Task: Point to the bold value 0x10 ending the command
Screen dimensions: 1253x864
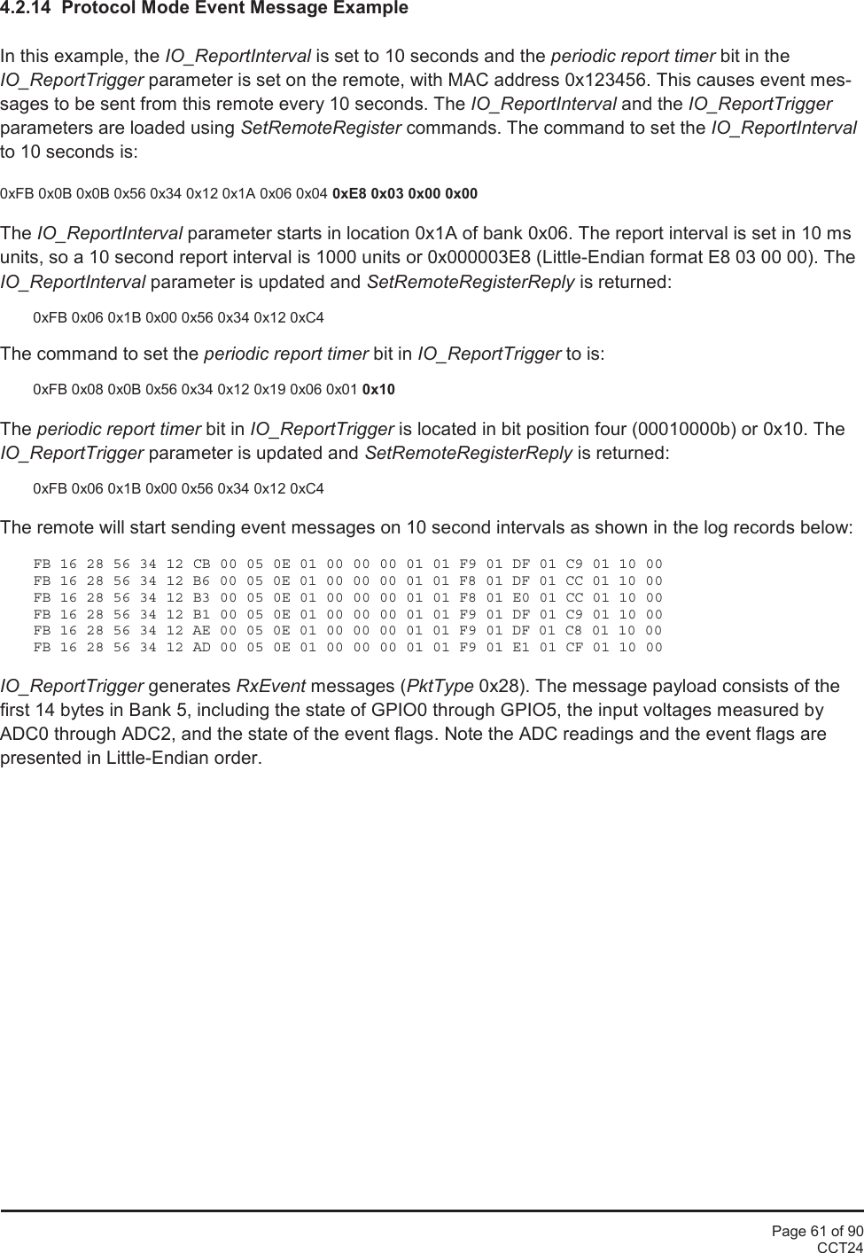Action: [x=379, y=389]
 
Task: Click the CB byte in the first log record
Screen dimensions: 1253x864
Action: [x=201, y=564]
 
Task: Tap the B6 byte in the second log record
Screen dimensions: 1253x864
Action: [x=201, y=581]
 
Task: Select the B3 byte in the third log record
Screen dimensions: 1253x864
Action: [x=201, y=598]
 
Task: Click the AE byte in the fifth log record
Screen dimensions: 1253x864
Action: [x=201, y=631]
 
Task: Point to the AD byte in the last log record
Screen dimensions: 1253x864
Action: [x=201, y=648]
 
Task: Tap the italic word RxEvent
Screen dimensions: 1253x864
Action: [x=271, y=687]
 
